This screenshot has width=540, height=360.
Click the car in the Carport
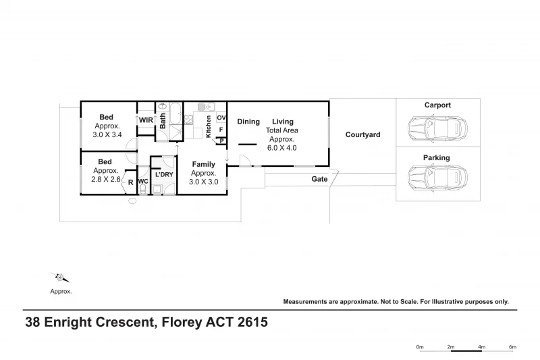click(x=437, y=127)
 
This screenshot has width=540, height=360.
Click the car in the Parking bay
click(x=437, y=179)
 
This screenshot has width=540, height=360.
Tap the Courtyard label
click(x=362, y=135)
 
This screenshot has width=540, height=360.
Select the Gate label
click(x=319, y=180)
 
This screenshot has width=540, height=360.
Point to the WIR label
click(x=146, y=120)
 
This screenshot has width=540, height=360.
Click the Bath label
click(x=163, y=120)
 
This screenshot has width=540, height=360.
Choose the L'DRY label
click(x=163, y=175)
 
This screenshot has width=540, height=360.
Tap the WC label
click(x=142, y=182)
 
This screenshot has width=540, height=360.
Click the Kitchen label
click(x=209, y=126)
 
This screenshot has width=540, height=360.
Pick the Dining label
click(x=248, y=122)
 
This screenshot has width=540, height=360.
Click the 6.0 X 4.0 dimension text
click(x=282, y=147)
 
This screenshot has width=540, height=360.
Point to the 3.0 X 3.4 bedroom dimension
click(x=107, y=134)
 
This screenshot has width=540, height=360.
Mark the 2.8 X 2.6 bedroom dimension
click(x=106, y=180)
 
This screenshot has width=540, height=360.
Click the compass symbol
click(x=60, y=277)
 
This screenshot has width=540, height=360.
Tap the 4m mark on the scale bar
click(x=482, y=346)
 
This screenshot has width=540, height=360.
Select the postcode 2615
click(x=250, y=322)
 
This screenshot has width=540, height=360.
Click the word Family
click(x=203, y=164)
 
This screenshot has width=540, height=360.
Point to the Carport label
click(x=437, y=105)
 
